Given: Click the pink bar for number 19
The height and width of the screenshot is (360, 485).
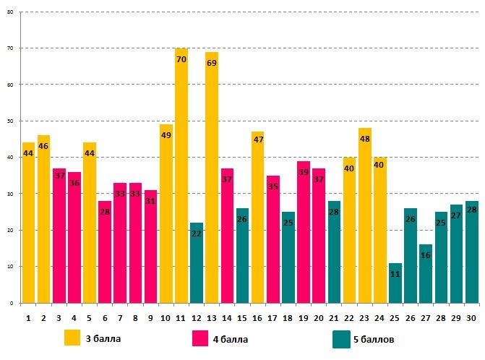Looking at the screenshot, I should [304, 232].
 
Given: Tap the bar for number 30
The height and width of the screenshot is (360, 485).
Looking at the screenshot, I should [471, 252].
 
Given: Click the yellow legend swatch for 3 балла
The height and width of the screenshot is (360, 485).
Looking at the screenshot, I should [72, 338].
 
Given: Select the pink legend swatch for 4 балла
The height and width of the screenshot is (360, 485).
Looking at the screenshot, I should [201, 338].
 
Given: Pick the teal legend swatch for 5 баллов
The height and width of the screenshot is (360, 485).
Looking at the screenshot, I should [341, 338].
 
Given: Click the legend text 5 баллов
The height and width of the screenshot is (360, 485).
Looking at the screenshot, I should [374, 338].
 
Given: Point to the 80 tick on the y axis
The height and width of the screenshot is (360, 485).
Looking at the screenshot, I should [9, 12].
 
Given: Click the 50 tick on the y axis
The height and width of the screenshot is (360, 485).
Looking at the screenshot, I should [9, 121].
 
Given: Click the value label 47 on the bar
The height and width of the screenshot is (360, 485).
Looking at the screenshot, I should [257, 140].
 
